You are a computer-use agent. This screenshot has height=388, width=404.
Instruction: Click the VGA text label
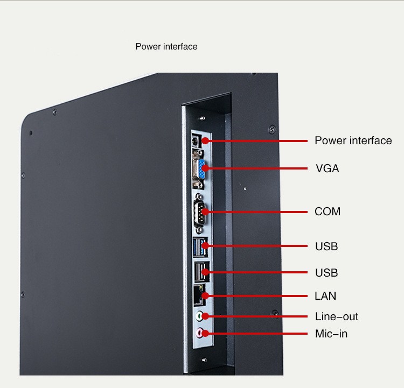coord(327,168)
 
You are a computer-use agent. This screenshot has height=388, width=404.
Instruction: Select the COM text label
coord(328,211)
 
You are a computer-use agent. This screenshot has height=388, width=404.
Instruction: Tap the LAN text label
coord(325,296)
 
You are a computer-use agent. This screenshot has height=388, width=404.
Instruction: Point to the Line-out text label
coord(337,316)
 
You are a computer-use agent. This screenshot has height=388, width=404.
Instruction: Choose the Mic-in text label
coord(331,334)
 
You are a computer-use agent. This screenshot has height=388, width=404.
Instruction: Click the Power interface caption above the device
coord(166,47)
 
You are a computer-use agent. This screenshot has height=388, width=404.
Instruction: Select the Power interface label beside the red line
coord(353,140)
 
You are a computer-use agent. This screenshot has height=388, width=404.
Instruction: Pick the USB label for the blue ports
coord(326,246)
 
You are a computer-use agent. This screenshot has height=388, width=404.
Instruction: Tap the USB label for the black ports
coord(326,273)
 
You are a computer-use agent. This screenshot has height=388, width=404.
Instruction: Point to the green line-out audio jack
coord(199,316)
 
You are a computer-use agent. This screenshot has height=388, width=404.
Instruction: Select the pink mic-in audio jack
coord(200,333)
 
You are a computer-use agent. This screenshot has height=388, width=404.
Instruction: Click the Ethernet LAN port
coord(199,295)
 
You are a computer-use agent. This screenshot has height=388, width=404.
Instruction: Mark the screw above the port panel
coord(203,118)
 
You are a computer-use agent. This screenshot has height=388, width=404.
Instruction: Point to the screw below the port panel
coord(204,359)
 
